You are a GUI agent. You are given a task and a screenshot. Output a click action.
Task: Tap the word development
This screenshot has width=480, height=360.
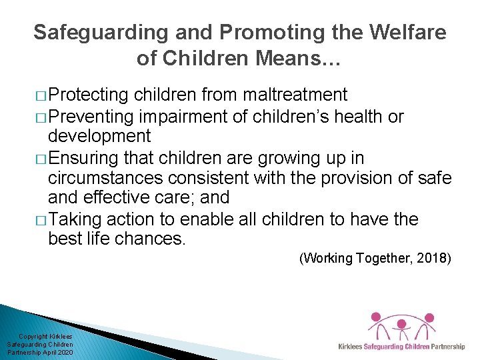99,136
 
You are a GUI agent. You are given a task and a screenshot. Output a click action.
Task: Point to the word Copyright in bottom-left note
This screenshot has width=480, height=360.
33,337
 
